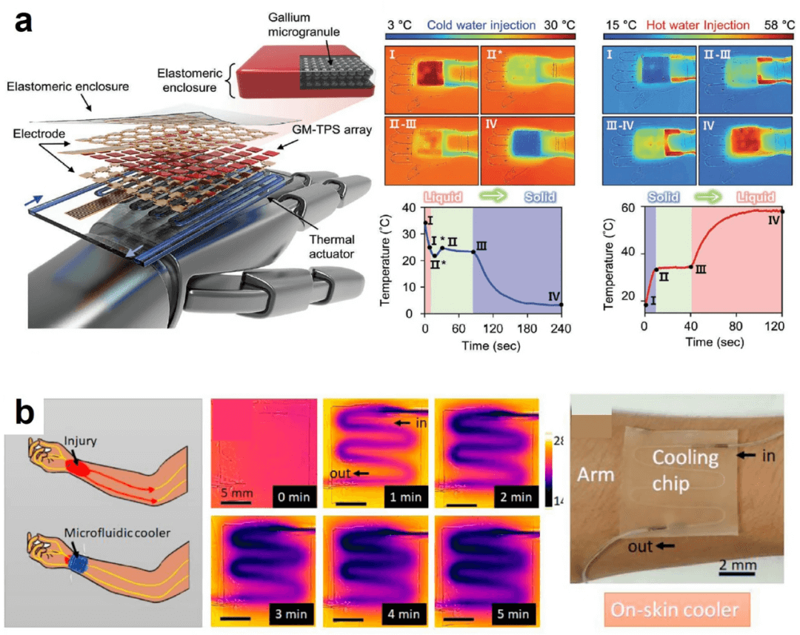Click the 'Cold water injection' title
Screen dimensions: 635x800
481,24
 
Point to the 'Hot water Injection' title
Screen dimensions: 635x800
698,24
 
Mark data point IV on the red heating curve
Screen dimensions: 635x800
782,212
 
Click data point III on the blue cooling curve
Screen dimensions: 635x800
473,252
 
